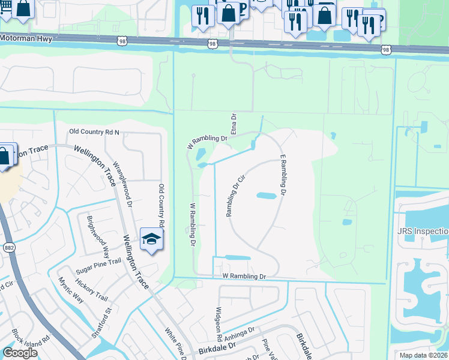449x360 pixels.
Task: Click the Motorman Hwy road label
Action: pyautogui.click(x=27, y=37)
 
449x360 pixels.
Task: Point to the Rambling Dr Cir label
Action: pyautogui.click(x=235, y=196)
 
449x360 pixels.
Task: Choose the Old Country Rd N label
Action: pyautogui.click(x=95, y=131)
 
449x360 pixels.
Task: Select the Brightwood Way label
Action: pyautogui.click(x=98, y=234)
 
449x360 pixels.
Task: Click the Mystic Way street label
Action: pyautogui.click(x=70, y=289)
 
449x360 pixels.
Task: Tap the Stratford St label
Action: pyautogui.click(x=100, y=323)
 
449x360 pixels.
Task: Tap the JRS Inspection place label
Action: pyautogui.click(x=423, y=231)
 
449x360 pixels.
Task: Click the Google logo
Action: pyautogui.click(x=20, y=353)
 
